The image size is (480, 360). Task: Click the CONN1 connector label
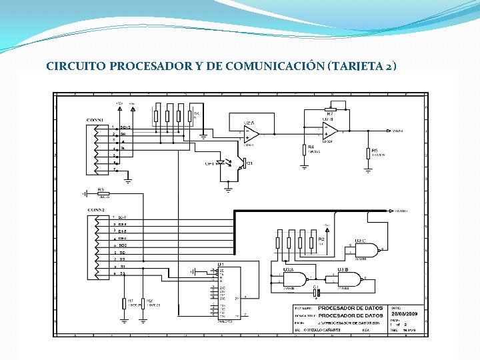pos(95,120)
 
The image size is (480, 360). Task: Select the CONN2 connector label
pos(96,210)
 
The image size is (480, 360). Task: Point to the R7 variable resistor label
pos(329,114)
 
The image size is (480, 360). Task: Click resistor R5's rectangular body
pos(368,153)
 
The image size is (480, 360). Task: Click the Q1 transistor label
pos(250,163)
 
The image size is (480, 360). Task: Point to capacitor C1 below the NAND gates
pos(317,291)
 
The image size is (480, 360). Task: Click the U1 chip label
pos(220,265)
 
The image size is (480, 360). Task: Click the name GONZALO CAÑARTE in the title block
pos(323,330)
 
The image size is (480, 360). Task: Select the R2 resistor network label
pos(321,238)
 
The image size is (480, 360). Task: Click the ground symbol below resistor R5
pos(368,169)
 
